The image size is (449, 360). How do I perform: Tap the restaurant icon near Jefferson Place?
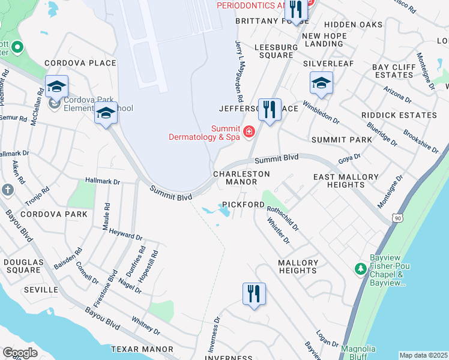(x=270, y=110)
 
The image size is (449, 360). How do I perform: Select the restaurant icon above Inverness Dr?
(x=254, y=294)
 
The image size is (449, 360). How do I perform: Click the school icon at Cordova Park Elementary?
(x=56, y=87)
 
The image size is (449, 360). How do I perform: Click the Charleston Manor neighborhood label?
(x=241, y=178)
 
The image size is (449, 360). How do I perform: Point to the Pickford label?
(x=244, y=205)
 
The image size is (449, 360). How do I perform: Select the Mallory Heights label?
(x=298, y=266)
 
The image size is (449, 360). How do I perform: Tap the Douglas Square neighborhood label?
(x=23, y=266)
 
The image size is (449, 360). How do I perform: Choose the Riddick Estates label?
(x=399, y=115)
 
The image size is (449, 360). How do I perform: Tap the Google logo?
(x=20, y=352)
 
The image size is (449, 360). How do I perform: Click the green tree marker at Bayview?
(x=361, y=268)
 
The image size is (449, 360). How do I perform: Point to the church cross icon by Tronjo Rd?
(x=8, y=190)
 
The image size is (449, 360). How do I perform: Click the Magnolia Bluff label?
(x=358, y=353)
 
